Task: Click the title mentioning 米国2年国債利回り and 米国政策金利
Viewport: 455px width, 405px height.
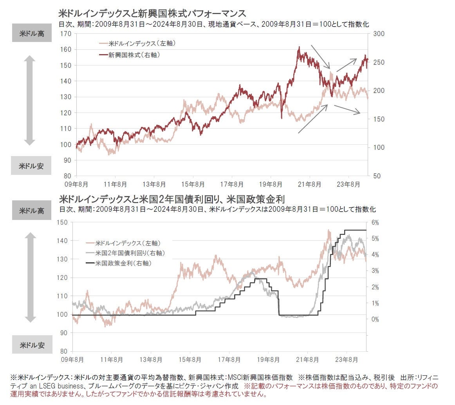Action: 175,199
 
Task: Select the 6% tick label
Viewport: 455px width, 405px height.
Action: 375,222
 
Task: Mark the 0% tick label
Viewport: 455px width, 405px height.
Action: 375,319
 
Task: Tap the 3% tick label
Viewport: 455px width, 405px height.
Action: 375,271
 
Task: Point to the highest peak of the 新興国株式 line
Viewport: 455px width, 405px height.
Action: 299,47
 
